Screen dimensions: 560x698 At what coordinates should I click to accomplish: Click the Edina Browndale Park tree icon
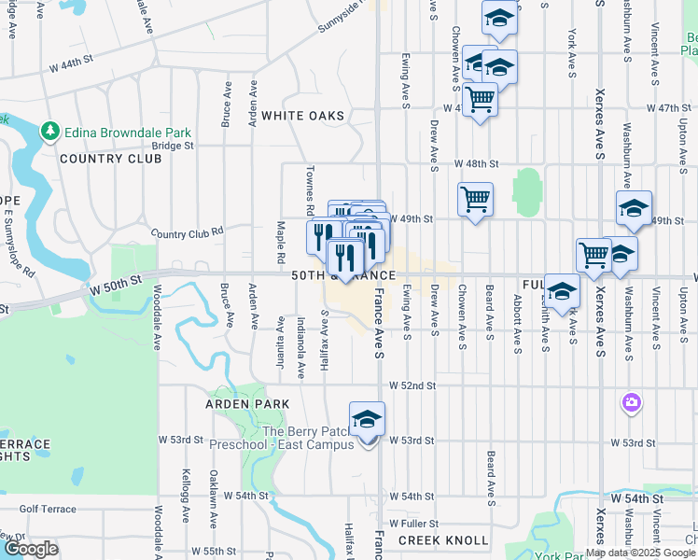[49, 133]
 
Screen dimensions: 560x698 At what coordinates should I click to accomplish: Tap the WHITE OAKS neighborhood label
[302, 116]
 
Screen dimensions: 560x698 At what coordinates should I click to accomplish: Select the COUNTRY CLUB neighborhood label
[110, 159]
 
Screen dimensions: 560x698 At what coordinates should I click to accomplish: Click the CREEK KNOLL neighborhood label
[443, 540]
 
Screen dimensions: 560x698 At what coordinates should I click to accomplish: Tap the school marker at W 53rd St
[367, 420]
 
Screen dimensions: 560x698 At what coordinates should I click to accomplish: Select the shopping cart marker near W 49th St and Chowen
[475, 199]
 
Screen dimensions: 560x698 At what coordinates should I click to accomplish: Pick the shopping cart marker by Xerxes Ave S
[593, 255]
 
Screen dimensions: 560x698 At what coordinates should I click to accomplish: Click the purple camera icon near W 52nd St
[632, 403]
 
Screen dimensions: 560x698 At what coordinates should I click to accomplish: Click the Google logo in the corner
[31, 549]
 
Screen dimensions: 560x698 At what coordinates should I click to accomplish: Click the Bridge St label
[173, 146]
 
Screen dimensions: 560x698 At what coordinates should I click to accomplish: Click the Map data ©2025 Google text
[639, 553]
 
